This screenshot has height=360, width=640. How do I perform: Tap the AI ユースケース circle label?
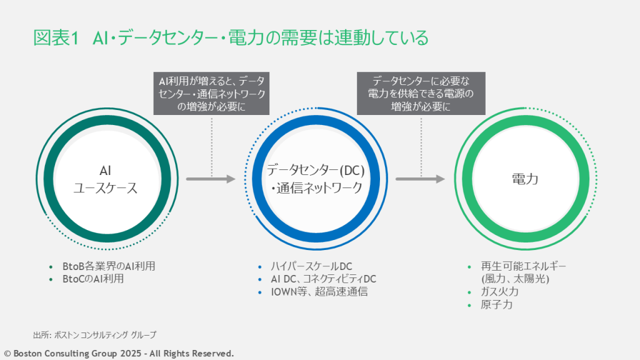[x=106, y=179]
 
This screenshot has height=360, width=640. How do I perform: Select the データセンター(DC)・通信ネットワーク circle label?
[x=316, y=179]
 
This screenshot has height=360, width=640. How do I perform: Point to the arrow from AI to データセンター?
[x=211, y=179]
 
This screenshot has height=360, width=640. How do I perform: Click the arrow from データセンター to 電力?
[x=420, y=179]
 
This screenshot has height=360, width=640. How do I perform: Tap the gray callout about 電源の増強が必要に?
[x=421, y=93]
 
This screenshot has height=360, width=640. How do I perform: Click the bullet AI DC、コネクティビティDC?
[x=323, y=279]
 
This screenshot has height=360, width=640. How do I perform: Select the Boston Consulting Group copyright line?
[x=119, y=353]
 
